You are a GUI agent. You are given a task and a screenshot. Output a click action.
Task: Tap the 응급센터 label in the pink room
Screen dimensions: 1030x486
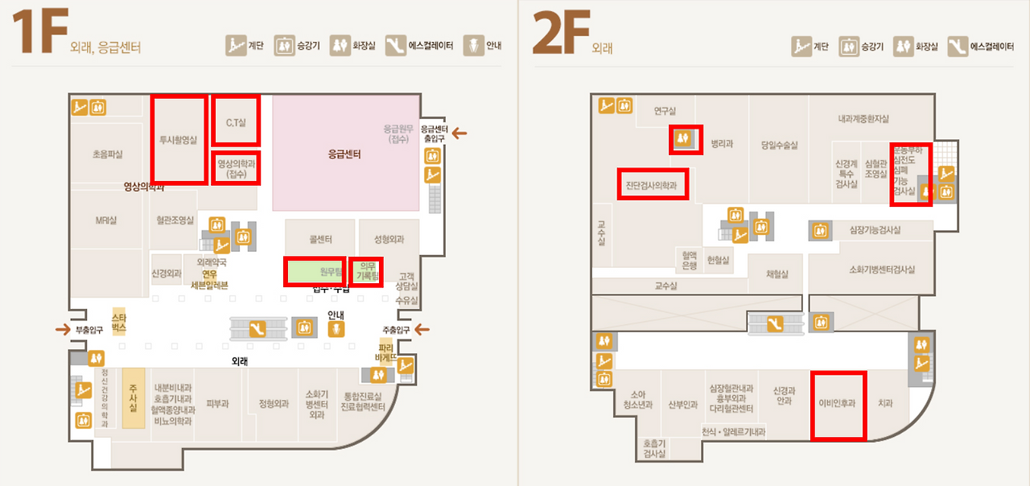(344, 154)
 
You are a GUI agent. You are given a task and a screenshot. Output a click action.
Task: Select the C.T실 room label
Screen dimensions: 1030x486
(236, 121)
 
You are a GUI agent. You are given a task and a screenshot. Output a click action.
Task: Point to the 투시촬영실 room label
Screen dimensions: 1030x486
(178, 139)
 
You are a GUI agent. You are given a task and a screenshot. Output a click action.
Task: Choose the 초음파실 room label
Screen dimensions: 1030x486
(107, 153)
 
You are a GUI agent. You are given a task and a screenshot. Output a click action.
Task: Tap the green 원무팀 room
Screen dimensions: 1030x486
(316, 272)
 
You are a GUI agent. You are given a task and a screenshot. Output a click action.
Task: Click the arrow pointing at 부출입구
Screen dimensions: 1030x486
(61, 329)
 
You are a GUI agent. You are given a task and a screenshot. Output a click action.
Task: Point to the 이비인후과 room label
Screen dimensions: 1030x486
(837, 404)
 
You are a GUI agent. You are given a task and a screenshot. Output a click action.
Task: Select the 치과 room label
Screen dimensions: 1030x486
(885, 404)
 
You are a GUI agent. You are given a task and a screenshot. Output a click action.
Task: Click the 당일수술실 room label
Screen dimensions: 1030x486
(779, 145)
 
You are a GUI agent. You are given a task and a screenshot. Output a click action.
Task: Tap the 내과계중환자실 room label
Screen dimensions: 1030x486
(863, 119)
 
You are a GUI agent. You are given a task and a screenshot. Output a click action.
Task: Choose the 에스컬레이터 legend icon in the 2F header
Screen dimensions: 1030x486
(958, 46)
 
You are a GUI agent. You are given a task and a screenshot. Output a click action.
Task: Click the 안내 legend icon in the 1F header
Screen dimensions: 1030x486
(474, 46)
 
